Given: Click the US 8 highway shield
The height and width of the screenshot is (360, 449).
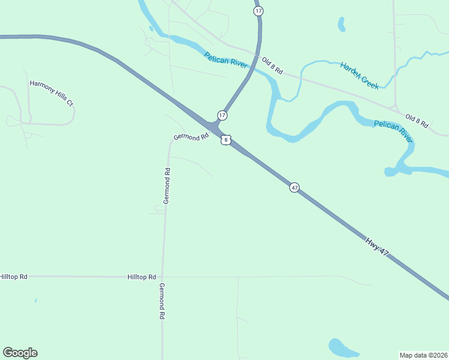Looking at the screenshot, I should click(225, 140).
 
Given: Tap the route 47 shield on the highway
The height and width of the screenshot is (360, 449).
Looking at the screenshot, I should click(294, 187).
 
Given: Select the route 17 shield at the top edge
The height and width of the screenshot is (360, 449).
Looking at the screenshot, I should click(258, 11).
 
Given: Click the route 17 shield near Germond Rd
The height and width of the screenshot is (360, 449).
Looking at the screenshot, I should click(222, 115).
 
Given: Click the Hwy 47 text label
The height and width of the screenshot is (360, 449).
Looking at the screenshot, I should click(377, 247).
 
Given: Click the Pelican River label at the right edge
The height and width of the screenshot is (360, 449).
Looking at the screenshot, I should click(393, 131).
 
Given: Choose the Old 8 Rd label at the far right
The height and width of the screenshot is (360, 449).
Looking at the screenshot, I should click(417, 121).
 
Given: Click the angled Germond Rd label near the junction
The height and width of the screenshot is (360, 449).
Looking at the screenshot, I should click(190, 137).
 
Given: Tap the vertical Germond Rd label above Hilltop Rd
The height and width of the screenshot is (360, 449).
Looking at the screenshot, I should click(167, 186).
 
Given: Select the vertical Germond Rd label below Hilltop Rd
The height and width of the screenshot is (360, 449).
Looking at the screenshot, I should click(161, 302).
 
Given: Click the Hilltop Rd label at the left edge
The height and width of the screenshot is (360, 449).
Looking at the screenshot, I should click(13, 277).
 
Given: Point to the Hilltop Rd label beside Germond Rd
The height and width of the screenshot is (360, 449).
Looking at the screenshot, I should click(142, 277).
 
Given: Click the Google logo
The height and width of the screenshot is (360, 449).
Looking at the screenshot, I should click(20, 353).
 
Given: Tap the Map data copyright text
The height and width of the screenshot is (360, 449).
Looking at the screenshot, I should click(424, 355).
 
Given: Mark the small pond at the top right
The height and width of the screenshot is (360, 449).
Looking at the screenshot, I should click(342, 24).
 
